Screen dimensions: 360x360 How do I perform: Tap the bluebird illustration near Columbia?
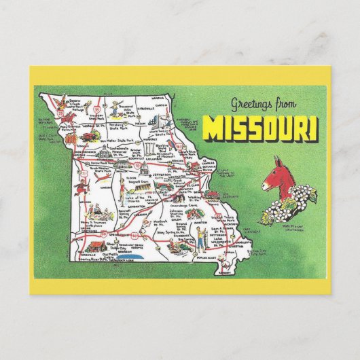(158, 140)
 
